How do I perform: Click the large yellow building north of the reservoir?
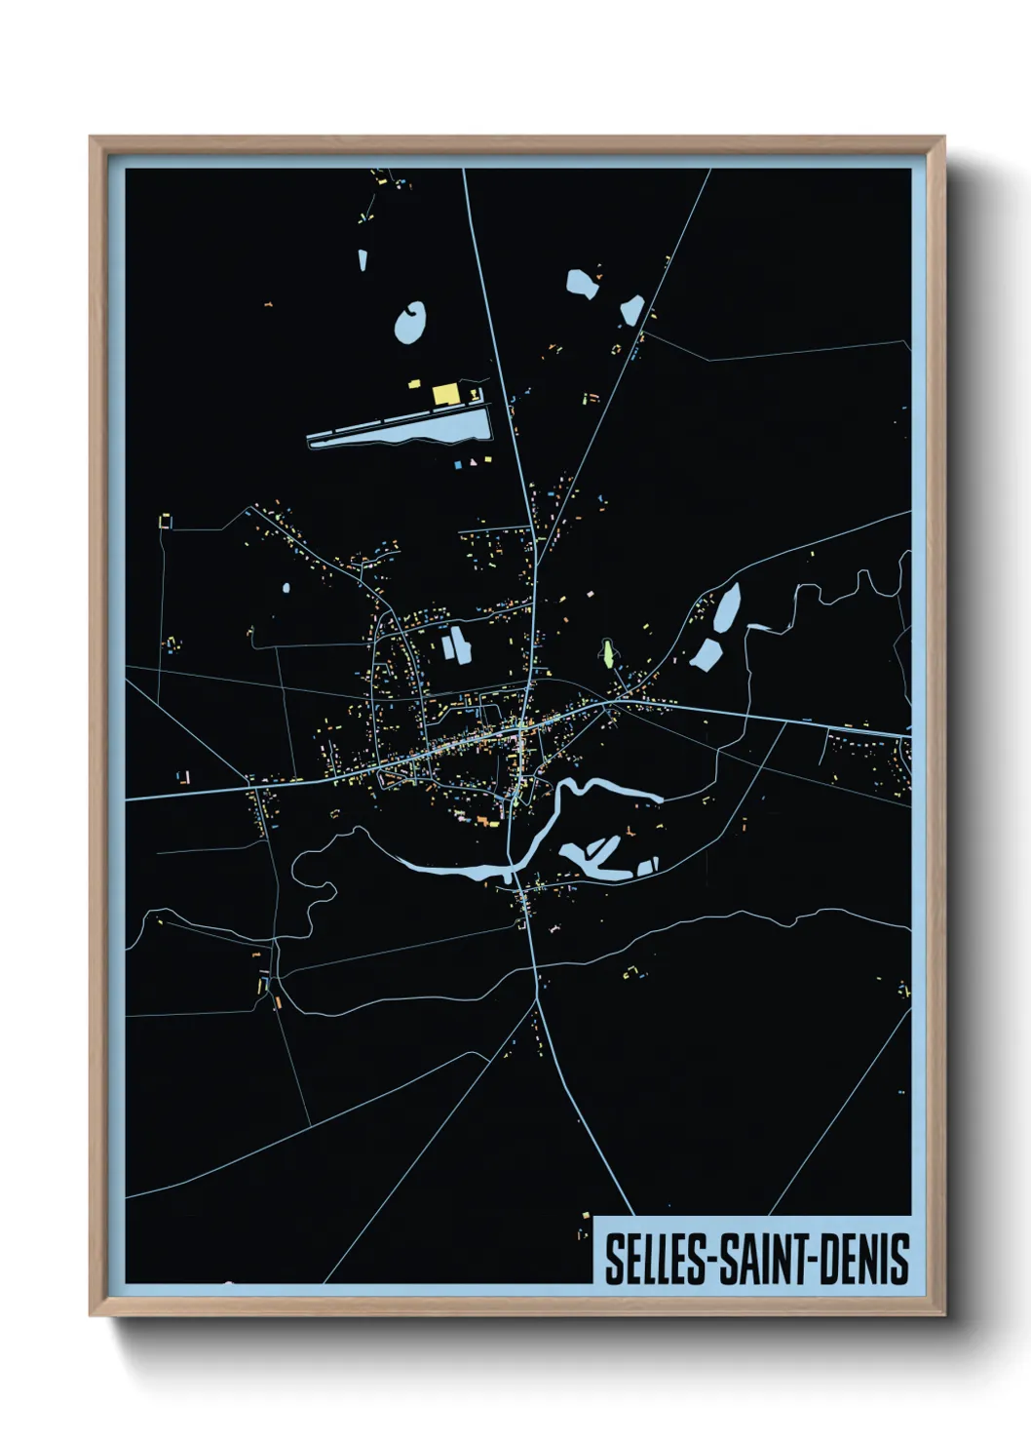click(x=445, y=394)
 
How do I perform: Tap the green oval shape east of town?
click(x=608, y=652)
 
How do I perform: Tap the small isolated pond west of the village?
click(x=286, y=588)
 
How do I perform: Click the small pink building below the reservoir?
click(x=476, y=460)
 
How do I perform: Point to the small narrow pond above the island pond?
click(x=362, y=260)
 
